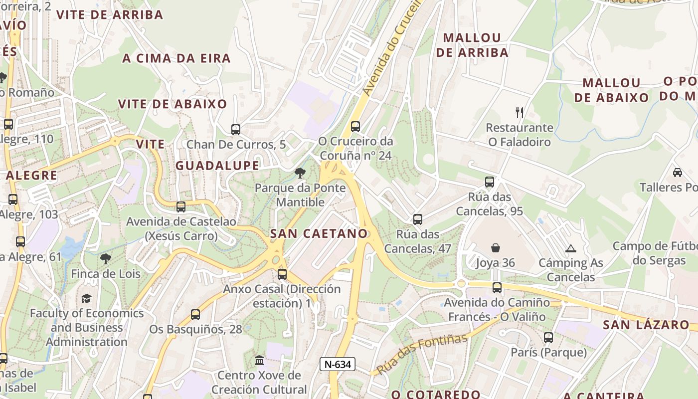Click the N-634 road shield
pyautogui.click(x=338, y=365)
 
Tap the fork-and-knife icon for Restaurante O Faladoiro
pyautogui.click(x=520, y=112)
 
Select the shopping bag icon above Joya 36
pyautogui.click(x=496, y=248)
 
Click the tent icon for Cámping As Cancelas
pyautogui.click(x=570, y=248)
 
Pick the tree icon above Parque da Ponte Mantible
pyautogui.click(x=300, y=173)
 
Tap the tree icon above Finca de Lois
pyautogui.click(x=105, y=258)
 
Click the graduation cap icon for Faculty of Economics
pyautogui.click(x=87, y=298)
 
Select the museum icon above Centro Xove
pyautogui.click(x=259, y=360)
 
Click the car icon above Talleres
pyautogui.click(x=677, y=172)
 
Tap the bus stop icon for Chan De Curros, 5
pyautogui.click(x=236, y=130)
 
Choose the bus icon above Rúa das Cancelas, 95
pyautogui.click(x=490, y=182)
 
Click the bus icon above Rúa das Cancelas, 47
pyautogui.click(x=418, y=219)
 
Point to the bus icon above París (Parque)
pyautogui.click(x=548, y=338)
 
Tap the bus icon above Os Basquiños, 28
pyautogui.click(x=195, y=315)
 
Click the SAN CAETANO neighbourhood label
pyautogui.click(x=319, y=233)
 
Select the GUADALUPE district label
pyautogui.click(x=217, y=166)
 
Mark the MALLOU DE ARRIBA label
pyautogui.click(x=472, y=45)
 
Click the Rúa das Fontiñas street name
pyautogui.click(x=422, y=354)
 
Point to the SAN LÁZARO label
pyautogui.click(x=646, y=325)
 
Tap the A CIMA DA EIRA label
pyautogui.click(x=176, y=58)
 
